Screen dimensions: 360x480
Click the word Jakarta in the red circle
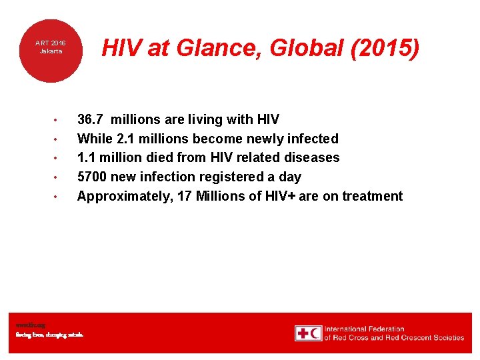50,51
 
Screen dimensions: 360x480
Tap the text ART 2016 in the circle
50,43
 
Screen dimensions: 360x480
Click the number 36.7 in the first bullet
90,119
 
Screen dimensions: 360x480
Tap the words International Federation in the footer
365,329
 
